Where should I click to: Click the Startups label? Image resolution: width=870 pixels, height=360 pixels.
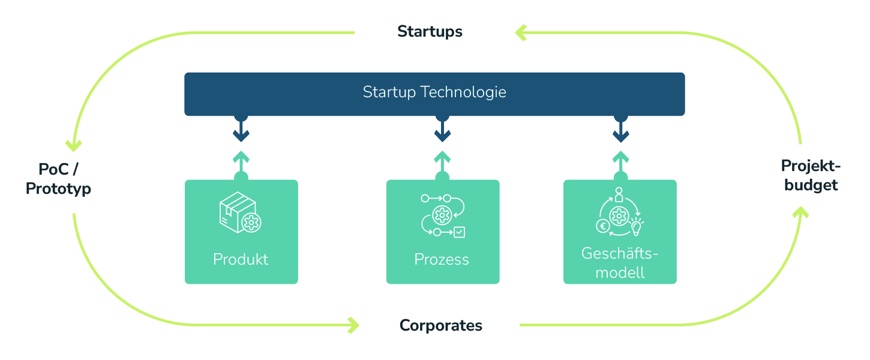(x=430, y=32)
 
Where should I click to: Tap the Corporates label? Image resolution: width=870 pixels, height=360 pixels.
(x=441, y=326)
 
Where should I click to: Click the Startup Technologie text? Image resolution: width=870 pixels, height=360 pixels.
(x=434, y=92)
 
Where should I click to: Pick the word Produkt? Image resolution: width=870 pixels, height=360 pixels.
(x=241, y=259)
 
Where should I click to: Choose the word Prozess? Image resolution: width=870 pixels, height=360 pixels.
(x=442, y=259)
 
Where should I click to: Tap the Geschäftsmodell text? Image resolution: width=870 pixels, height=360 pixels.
(x=620, y=263)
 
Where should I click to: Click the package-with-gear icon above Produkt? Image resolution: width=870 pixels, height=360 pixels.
(x=240, y=212)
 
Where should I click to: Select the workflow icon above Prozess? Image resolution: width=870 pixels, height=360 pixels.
(x=443, y=215)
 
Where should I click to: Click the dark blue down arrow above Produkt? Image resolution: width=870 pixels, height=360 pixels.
(x=241, y=131)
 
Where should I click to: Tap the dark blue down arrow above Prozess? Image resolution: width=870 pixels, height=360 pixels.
(x=442, y=131)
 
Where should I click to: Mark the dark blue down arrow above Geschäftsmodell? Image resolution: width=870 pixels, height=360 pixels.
(x=620, y=131)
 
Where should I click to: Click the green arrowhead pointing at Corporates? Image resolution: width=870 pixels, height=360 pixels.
(x=353, y=325)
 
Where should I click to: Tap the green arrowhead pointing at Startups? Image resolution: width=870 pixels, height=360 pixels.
(x=521, y=32)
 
